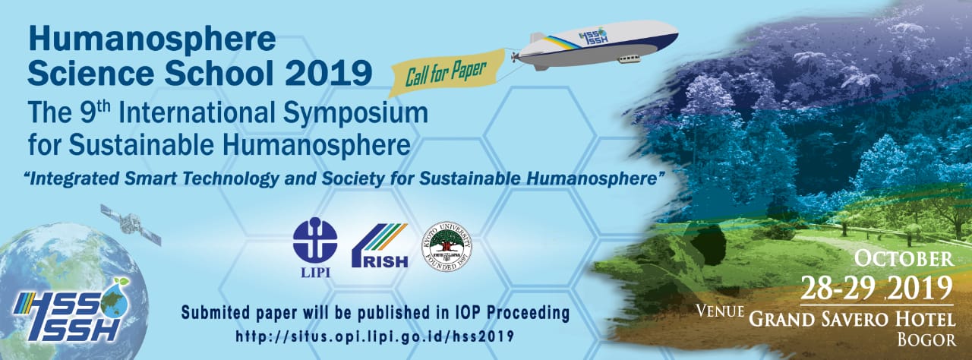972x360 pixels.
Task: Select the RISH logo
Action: [380, 245]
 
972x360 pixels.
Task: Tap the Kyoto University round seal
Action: [447, 246]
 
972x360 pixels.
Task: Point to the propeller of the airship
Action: [515, 57]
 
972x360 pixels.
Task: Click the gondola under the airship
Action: [630, 58]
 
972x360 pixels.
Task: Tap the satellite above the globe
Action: [131, 224]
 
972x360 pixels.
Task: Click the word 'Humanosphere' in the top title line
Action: [153, 39]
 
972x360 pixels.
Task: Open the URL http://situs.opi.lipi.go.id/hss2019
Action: [375, 336]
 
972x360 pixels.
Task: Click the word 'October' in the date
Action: [904, 258]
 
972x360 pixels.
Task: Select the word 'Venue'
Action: [721, 311]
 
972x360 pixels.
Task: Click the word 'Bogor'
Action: [926, 339]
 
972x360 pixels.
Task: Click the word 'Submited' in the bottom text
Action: [216, 312]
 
